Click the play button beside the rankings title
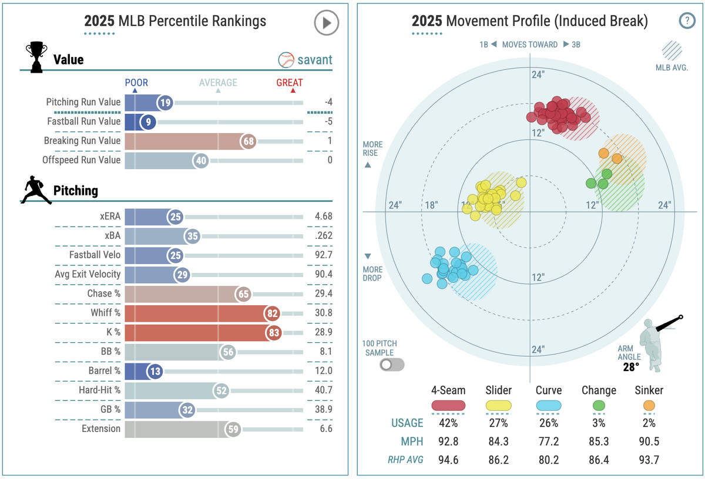[326, 23]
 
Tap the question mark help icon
[687, 21]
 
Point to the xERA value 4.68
[323, 216]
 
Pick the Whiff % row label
[106, 313]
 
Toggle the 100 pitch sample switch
[392, 365]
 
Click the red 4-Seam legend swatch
[448, 405]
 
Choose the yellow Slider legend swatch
[499, 405]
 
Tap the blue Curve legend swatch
[548, 405]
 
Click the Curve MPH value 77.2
[548, 441]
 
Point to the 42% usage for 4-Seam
[448, 423]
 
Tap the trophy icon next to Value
[36, 57]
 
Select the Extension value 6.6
[326, 429]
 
